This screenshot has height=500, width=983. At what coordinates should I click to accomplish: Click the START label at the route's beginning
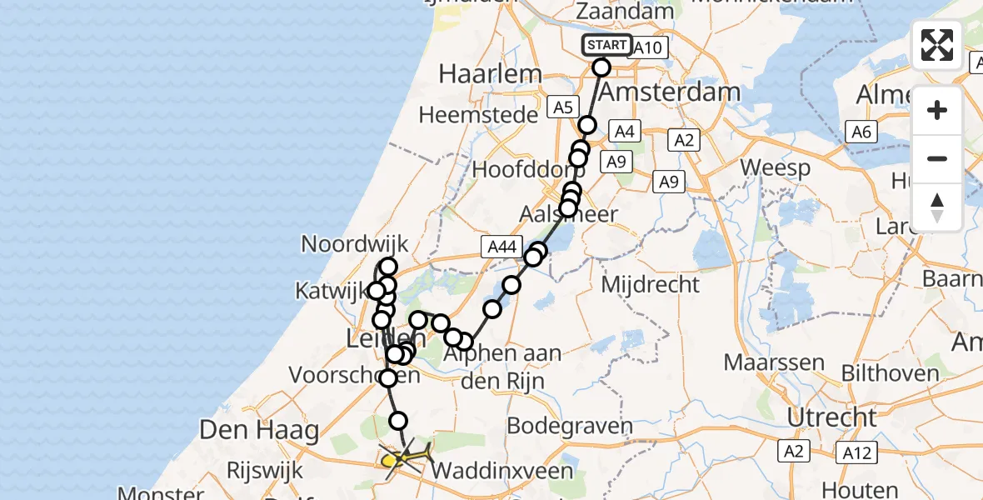coord(606,45)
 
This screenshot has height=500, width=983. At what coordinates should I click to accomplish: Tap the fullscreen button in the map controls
coord(937,45)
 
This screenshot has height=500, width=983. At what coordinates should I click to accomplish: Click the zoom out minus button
coord(937,158)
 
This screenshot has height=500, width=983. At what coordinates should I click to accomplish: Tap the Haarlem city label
coord(490,73)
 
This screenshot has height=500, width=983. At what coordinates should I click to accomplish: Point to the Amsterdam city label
coord(669,92)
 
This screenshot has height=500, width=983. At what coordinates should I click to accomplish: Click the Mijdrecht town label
coord(650,284)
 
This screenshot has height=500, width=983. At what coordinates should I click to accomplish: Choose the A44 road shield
coord(501,245)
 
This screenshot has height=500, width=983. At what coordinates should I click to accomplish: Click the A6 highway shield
coord(861,131)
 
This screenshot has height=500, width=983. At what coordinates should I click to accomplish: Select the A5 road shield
coord(563,107)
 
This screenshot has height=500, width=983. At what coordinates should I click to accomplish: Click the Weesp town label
coord(775,167)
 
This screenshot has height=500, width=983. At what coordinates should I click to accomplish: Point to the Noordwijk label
coord(355,244)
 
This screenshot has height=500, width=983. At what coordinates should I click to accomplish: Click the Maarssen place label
coord(774,362)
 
